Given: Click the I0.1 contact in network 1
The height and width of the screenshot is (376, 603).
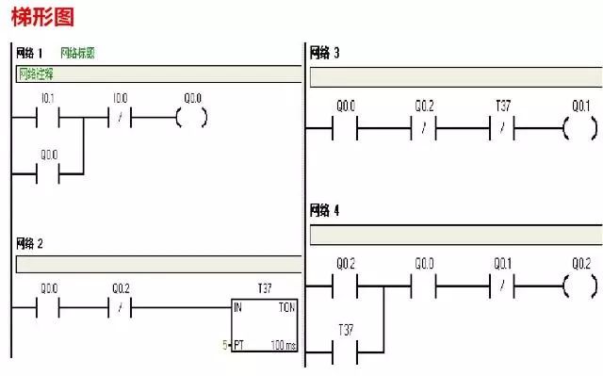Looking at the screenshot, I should tap(47, 118).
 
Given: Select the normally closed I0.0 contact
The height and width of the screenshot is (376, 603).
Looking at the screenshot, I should tap(120, 118).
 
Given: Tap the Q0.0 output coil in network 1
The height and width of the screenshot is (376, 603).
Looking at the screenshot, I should tap(191, 118).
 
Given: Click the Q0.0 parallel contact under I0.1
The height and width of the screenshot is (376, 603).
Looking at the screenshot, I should tap(48, 174).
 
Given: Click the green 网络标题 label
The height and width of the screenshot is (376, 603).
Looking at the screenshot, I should tap(77, 53).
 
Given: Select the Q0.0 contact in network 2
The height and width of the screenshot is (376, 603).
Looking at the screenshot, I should tap(48, 308).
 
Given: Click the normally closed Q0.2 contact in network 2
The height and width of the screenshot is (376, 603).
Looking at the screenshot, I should tap(120, 308).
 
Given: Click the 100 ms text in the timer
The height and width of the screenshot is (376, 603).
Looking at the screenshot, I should tap(282, 347).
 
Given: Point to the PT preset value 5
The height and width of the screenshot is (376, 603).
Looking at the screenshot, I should tap(225, 347).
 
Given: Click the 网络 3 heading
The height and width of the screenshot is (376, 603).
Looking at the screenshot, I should tap(325, 53).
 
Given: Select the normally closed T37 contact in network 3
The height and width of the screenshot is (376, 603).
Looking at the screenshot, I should tap(503, 128).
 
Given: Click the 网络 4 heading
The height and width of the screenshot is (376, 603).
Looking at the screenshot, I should tap(325, 210).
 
